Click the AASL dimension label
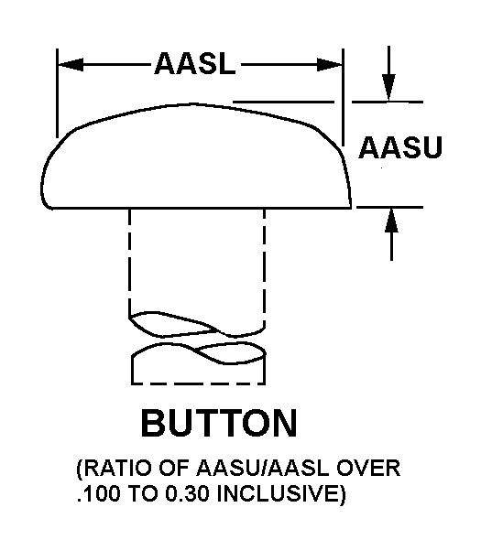(x=195, y=64)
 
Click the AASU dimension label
(x=400, y=147)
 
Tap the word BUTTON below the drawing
(x=219, y=423)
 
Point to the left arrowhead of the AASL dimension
(x=71, y=64)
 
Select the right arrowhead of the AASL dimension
(x=329, y=64)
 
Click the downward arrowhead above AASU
(x=389, y=88)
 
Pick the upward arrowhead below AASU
(x=391, y=221)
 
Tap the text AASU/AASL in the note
(x=262, y=469)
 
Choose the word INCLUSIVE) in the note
(x=281, y=494)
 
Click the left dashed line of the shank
(x=130, y=263)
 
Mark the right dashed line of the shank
(x=264, y=268)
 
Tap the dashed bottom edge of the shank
(x=198, y=383)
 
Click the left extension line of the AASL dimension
(x=57, y=93)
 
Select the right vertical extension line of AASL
(x=343, y=97)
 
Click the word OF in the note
(x=174, y=469)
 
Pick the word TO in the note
(x=144, y=494)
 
